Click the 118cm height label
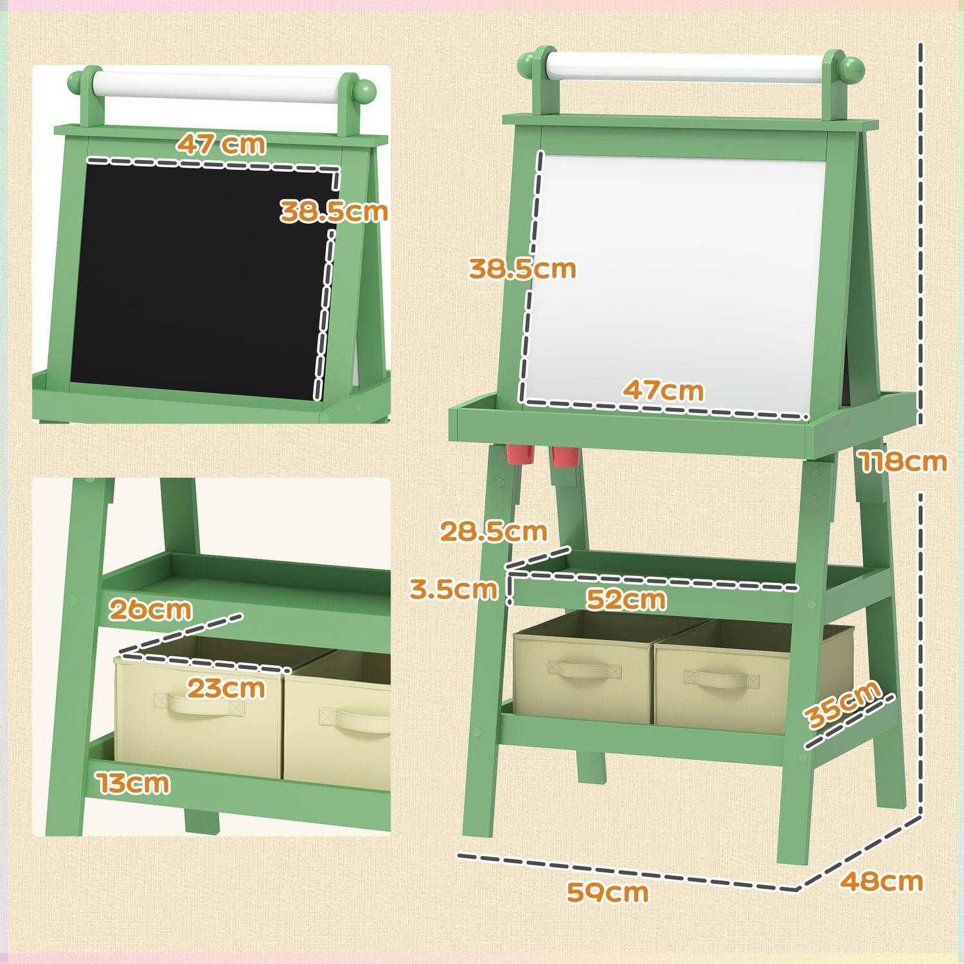tap(903, 462)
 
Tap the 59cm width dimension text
tap(607, 892)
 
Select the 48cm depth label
tap(881, 881)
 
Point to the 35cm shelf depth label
tap(843, 704)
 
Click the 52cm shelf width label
tap(626, 600)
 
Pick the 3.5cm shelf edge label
tap(454, 589)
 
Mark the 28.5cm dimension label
tap(493, 531)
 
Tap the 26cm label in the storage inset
tap(150, 609)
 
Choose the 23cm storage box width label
tap(226, 688)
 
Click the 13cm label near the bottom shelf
tap(134, 783)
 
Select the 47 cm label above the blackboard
tap(222, 144)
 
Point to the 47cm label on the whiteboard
tap(663, 390)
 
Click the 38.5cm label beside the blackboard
tap(334, 211)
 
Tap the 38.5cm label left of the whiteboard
tap(522, 269)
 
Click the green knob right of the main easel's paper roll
tap(851, 67)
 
